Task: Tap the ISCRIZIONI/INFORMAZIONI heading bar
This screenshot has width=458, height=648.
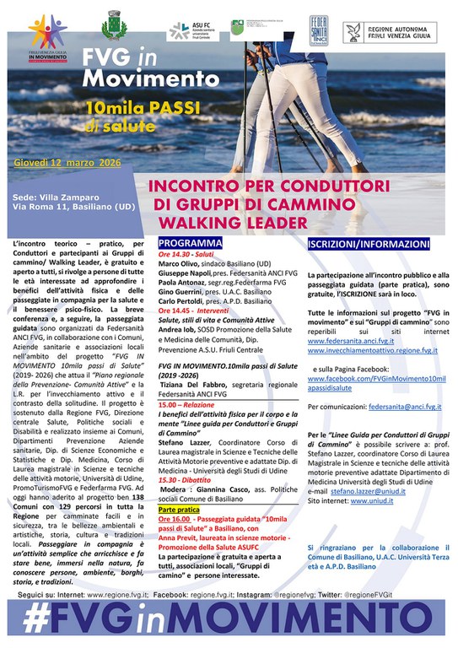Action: [358, 243]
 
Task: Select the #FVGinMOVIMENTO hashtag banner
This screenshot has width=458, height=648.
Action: [229, 618]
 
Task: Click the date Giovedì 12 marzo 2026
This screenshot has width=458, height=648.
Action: [63, 161]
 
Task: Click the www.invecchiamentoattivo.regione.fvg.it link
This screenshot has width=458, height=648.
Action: [374, 349]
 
